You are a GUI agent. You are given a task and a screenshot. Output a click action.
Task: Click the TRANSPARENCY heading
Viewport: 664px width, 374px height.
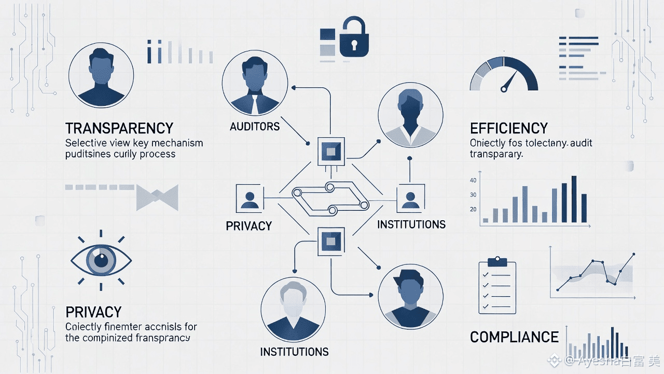(x=119, y=128)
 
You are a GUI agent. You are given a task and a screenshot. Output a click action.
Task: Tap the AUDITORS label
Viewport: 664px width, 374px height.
(x=254, y=126)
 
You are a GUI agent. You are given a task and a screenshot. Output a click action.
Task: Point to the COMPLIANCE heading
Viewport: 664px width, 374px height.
(x=514, y=337)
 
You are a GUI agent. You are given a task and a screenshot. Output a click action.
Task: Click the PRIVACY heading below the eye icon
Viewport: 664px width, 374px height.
(x=93, y=312)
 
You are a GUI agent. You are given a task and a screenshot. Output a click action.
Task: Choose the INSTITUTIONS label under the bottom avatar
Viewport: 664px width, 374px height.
(x=294, y=352)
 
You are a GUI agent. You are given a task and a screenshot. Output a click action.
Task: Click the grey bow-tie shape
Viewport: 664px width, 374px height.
(x=157, y=198)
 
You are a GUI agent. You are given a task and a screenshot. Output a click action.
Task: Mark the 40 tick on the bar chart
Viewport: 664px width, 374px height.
(x=473, y=180)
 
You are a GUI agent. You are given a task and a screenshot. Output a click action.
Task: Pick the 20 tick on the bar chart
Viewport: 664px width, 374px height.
(x=473, y=209)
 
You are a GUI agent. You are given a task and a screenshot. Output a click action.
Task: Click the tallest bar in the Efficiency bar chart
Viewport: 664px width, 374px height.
(x=574, y=199)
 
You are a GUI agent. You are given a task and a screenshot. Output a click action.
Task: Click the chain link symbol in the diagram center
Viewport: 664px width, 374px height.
(x=329, y=199)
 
